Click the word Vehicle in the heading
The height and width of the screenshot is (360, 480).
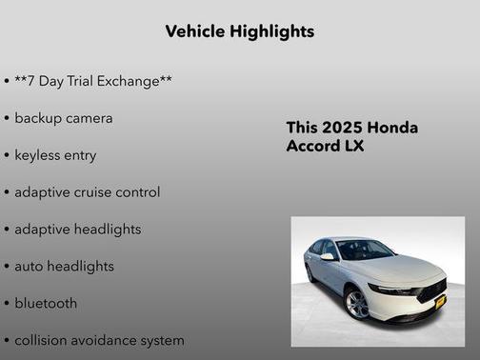point(194,31)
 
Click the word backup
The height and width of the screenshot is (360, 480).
point(38,118)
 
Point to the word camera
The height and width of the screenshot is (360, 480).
point(90,118)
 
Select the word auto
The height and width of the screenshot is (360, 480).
point(29,267)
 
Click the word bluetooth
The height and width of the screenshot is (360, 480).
point(46,303)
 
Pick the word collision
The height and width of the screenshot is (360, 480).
point(42,340)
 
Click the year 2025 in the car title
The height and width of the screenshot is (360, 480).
point(339,128)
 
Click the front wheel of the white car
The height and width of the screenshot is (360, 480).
point(356,304)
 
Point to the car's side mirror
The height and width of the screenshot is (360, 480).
point(328,256)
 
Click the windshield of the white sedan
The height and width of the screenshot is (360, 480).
point(367,250)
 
